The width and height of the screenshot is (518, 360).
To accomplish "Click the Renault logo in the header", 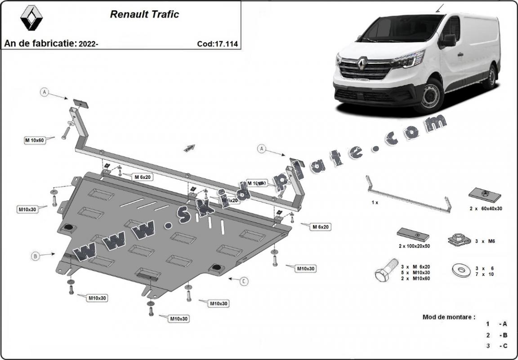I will point(31,18).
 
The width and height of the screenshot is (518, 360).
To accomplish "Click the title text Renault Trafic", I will point(144,14).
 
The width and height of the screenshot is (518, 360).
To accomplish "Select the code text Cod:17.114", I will point(217,44).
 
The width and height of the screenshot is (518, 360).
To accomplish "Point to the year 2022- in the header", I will point(89,44).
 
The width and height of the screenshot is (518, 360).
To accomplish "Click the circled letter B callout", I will point(35,257).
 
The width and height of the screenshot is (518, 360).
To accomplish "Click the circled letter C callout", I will point(243,281).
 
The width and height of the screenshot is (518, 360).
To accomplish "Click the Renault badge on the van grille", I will point(363,65).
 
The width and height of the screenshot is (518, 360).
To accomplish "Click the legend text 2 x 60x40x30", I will point(485,209).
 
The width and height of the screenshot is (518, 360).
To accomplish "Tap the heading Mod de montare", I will point(448,317).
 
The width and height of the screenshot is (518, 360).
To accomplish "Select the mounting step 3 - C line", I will point(496,346).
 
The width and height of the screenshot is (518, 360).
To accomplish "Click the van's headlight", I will point(409,60).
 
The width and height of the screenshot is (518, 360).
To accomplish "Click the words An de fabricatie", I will point(40,44).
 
